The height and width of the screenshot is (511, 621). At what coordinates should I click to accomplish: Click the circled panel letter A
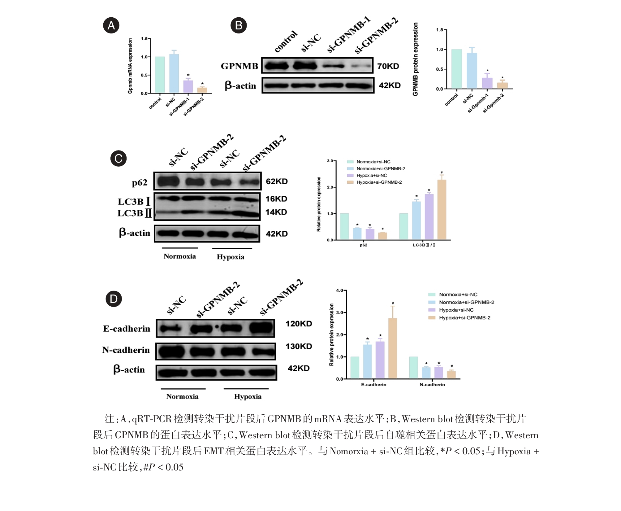(x=111, y=25)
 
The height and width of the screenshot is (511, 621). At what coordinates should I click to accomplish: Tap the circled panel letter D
(x=114, y=299)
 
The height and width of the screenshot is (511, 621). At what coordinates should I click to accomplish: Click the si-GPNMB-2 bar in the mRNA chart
(x=202, y=90)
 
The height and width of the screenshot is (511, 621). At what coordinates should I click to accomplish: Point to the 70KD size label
(x=388, y=66)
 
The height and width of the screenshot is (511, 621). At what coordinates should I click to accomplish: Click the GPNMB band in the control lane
(x=276, y=66)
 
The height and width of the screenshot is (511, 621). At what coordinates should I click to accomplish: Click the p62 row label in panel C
(x=140, y=182)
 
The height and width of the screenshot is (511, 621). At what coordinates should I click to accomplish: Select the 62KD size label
(x=277, y=181)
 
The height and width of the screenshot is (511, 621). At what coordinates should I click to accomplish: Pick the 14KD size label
(x=276, y=212)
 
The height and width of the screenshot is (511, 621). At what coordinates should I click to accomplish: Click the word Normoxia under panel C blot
(x=180, y=256)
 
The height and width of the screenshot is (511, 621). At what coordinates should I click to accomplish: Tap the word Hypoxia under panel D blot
(x=248, y=397)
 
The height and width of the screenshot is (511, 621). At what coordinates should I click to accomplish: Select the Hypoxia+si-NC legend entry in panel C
(x=371, y=175)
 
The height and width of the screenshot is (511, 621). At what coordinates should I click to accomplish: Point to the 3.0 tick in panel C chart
(x=330, y=161)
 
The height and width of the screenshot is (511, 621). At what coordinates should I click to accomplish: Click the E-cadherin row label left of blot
(x=127, y=329)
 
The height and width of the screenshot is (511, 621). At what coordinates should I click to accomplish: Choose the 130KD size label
(x=299, y=346)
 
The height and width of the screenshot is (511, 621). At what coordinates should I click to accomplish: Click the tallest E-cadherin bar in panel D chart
(x=392, y=348)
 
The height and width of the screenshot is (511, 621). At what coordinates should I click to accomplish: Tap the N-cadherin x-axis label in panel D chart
(x=432, y=385)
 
